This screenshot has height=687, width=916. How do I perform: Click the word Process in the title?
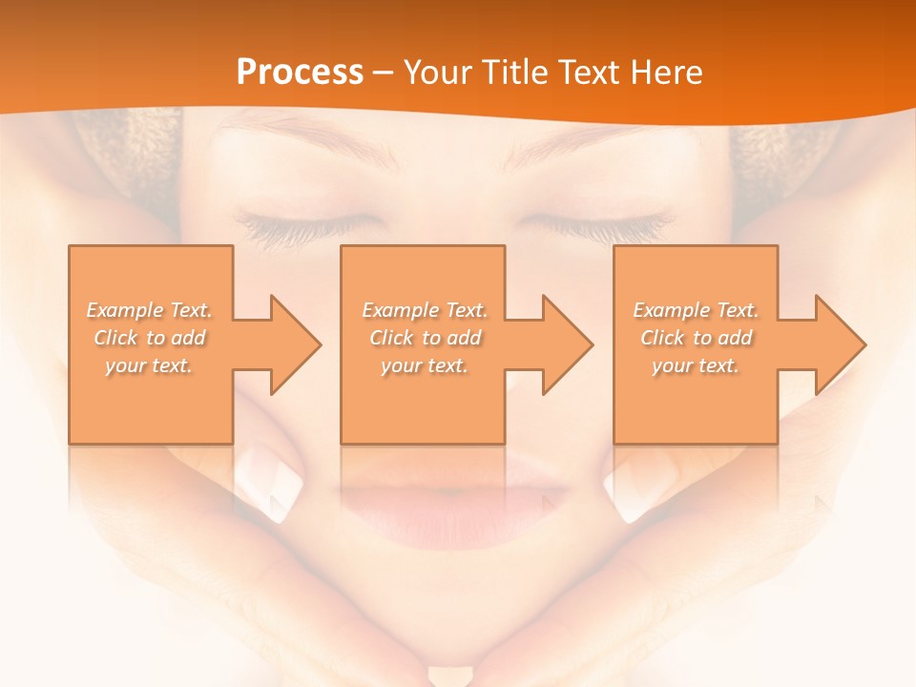point(300,72)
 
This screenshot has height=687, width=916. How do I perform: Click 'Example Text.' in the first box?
point(149,310)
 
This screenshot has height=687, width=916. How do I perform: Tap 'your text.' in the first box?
point(149,365)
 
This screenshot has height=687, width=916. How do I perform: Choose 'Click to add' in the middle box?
point(425,338)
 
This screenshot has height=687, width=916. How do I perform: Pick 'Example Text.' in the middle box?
point(425,310)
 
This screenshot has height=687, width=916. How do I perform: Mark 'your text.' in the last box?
point(696,365)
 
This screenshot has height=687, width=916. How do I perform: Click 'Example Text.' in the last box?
point(696,310)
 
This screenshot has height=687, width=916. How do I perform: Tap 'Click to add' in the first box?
point(149,338)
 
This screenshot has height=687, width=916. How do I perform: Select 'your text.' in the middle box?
point(425,365)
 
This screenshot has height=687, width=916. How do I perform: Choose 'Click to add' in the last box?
point(696,338)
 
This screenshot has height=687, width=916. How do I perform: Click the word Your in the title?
point(438,72)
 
